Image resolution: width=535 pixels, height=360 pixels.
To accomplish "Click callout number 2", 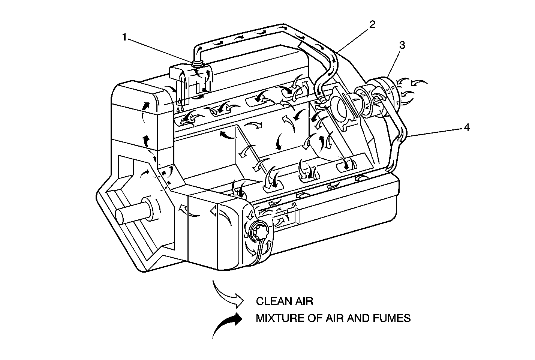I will [x=372, y=25].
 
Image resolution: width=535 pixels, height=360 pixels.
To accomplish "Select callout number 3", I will [x=402, y=45].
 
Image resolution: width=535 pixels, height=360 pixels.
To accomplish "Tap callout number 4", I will [x=466, y=127].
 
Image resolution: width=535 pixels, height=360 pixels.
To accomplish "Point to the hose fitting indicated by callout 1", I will [x=198, y=63].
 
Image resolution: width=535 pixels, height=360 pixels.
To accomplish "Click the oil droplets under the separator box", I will [x=180, y=106].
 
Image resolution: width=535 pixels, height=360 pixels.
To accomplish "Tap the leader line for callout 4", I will [x=435, y=133].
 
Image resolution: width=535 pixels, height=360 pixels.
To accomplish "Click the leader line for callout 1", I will [x=161, y=49].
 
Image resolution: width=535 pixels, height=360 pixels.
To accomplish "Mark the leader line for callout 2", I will [x=352, y=39].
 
